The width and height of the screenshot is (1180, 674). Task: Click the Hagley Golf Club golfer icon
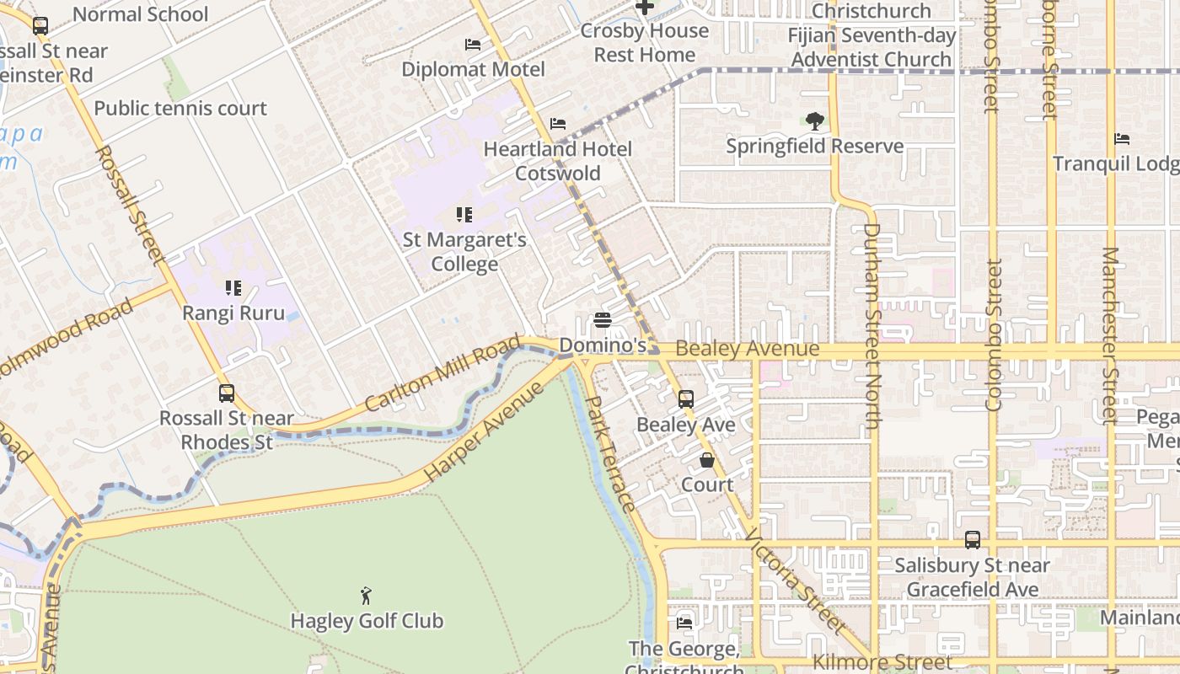point(366,596)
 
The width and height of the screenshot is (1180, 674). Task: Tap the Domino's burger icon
point(603,321)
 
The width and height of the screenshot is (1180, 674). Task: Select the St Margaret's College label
point(464,252)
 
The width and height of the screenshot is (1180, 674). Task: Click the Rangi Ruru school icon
point(233,289)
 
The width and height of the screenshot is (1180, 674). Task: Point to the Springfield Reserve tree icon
point(814,121)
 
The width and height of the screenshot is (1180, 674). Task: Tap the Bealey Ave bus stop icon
point(686,399)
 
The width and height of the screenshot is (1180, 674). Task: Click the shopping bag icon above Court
point(707,460)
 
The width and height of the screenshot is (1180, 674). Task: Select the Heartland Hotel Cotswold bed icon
point(557,124)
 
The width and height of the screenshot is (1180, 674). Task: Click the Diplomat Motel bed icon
point(473,44)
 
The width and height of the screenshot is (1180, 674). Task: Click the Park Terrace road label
point(610,454)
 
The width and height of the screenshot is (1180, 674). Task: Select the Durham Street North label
point(872,325)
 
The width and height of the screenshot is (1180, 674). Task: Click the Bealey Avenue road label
point(747,349)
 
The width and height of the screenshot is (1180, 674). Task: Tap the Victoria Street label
point(795,582)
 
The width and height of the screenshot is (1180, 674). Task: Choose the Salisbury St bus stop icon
point(973,540)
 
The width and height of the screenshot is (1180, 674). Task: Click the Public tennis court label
point(180,108)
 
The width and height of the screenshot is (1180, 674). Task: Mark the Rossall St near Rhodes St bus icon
point(227,393)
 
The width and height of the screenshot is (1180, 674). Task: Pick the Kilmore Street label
point(882,663)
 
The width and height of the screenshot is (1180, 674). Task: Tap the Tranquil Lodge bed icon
point(1122,139)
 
